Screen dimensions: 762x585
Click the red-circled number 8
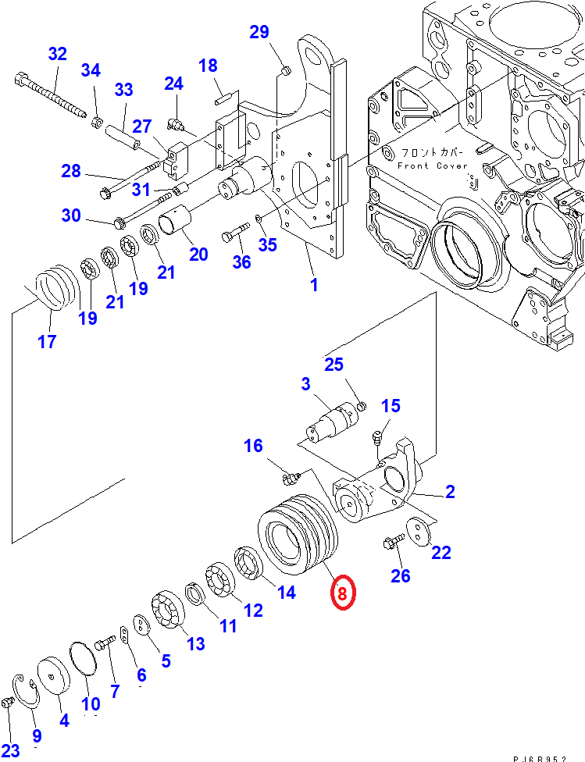[x=342, y=593]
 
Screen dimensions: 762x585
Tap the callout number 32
[x=57, y=54]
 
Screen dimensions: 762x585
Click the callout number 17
[x=47, y=341]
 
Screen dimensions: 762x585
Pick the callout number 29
[x=259, y=32]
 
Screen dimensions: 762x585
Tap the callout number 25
[x=334, y=364]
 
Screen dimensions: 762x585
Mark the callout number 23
[x=10, y=732]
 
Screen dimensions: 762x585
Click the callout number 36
[x=241, y=262]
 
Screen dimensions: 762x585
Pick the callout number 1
[x=314, y=285]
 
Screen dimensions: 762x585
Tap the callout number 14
[x=286, y=592]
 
